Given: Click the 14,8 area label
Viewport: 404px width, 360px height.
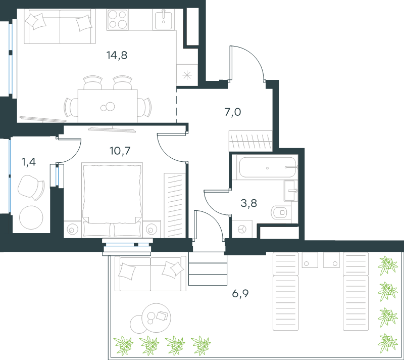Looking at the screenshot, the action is point(117,55).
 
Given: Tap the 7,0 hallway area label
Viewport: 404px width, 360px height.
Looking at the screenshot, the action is point(233,112).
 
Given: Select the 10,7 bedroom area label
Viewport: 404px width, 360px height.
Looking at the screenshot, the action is point(120,151).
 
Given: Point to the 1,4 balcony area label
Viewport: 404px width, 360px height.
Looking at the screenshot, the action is point(28,162).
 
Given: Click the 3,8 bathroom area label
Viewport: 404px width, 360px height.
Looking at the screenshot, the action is point(248,203).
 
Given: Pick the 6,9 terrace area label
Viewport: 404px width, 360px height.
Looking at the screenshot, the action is point(240,293).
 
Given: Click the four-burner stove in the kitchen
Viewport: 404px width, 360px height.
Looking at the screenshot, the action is point(118,19).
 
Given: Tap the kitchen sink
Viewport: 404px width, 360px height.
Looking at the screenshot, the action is point(164,19).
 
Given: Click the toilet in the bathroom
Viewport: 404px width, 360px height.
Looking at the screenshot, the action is point(281,212).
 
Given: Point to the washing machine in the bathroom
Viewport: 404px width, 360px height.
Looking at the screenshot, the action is point(242,229).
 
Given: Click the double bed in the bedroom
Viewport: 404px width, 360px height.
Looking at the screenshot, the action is point(112,199).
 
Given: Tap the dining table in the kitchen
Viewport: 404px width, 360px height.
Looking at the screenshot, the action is point(108,106).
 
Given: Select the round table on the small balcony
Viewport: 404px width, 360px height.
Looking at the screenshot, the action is point(31,217).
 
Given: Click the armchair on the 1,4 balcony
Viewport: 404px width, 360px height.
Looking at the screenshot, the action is point(31,188).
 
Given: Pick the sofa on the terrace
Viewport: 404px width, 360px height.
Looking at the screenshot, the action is point(150,274).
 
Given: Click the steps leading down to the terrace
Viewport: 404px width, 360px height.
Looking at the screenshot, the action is point(208,268).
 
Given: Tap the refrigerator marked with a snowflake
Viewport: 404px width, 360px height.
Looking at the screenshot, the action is point(187,75).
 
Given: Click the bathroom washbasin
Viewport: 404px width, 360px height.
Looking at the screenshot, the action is point(291,191).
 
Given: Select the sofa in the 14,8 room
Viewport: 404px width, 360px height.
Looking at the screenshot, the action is point(60,26).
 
